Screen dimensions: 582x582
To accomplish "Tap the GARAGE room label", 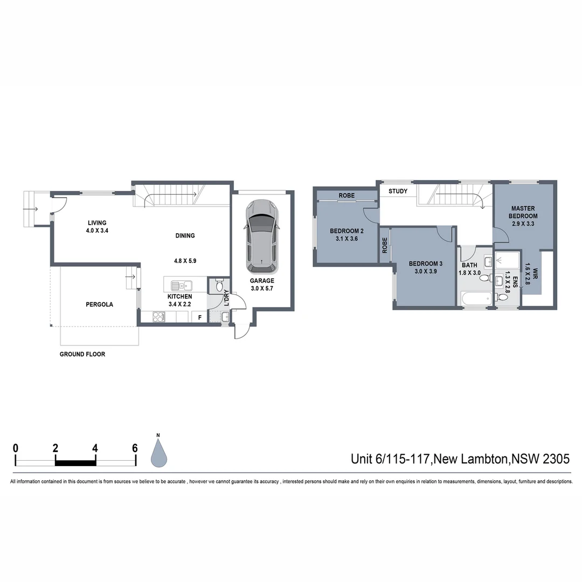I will (x=262, y=281).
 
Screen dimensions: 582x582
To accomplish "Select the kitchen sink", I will (x=179, y=286).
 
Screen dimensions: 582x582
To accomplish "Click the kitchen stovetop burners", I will (x=158, y=317).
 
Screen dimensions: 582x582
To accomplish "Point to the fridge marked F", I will (x=200, y=317).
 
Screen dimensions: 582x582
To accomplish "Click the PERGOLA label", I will (x=100, y=304).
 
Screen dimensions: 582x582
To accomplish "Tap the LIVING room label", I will (x=98, y=223).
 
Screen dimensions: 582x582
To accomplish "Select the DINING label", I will (x=185, y=235).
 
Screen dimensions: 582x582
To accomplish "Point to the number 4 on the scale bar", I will (x=95, y=448).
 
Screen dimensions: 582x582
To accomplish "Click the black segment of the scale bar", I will (x=75, y=462).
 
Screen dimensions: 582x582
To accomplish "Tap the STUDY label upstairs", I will (x=398, y=191).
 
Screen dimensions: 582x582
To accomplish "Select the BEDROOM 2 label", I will (x=347, y=231).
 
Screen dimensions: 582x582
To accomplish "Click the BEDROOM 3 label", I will (x=425, y=264).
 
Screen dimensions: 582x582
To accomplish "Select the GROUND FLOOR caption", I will (x=82, y=354).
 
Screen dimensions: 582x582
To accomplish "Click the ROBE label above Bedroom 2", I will (x=347, y=196).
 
